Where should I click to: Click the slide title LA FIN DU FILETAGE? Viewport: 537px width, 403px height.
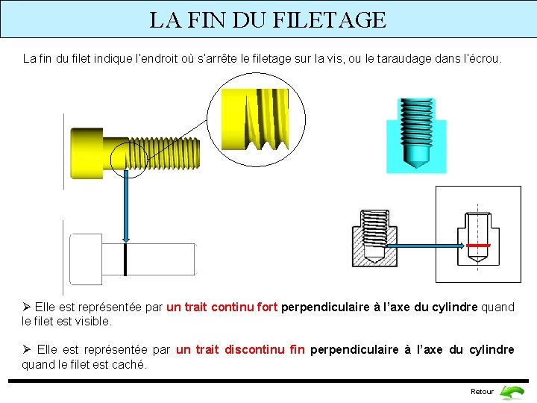(x=268, y=19)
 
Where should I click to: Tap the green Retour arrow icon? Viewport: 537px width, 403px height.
(x=512, y=391)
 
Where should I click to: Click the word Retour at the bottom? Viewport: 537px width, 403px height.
(x=482, y=392)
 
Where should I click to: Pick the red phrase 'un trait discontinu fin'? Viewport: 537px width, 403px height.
(x=240, y=350)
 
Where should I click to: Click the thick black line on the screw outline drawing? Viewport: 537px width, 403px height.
(x=126, y=259)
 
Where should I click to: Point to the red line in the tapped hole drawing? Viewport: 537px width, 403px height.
(x=477, y=245)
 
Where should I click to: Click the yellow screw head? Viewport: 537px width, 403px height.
(x=87, y=153)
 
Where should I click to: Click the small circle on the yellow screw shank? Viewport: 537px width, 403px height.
(x=128, y=156)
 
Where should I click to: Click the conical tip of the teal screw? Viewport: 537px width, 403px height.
(x=416, y=158)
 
